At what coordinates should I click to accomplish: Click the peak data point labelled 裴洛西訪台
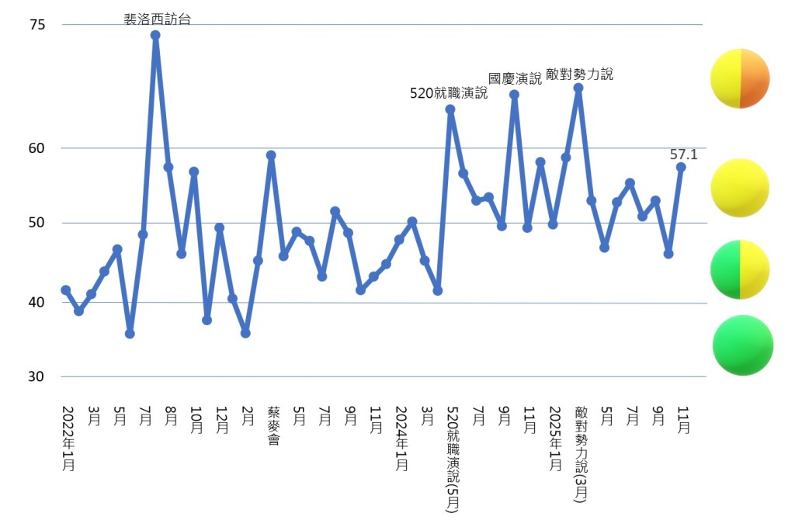tap(155, 35)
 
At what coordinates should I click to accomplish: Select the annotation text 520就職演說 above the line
tap(448, 94)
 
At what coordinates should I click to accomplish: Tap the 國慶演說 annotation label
tap(515, 78)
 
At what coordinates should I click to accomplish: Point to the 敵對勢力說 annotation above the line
tap(579, 75)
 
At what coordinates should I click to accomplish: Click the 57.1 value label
tap(683, 154)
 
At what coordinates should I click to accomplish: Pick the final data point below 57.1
tap(681, 167)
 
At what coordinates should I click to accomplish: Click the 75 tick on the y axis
tap(37, 26)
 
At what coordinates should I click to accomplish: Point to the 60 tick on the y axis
tap(37, 148)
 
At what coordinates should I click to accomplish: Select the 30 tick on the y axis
tap(37, 377)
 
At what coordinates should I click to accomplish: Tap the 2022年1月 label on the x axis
tap(68, 439)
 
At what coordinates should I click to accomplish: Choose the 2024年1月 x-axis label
tap(401, 439)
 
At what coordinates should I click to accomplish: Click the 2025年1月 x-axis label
tap(555, 439)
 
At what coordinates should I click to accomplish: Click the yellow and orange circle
tap(740, 78)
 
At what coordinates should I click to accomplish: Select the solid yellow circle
tap(740, 188)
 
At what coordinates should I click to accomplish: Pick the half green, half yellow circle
tap(740, 269)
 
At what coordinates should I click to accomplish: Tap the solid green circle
tap(743, 345)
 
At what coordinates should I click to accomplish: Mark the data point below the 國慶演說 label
tap(514, 95)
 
